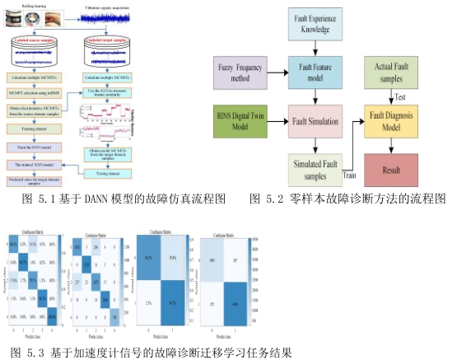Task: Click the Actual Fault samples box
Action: [394, 71]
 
